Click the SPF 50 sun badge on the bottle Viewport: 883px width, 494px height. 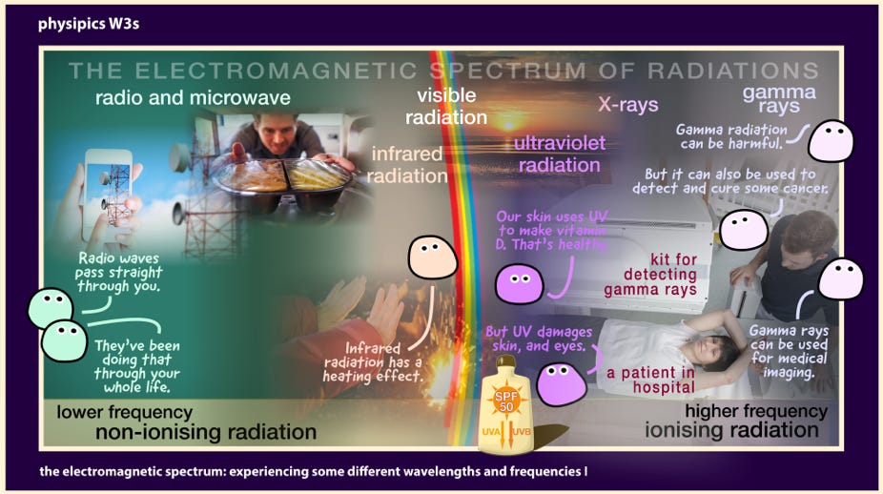pos(506,401)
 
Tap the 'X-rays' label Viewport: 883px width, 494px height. pos(627,104)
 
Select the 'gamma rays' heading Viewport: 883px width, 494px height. pos(779,98)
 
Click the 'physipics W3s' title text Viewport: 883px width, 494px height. pos(89,24)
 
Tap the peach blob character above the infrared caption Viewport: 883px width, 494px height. pos(432,257)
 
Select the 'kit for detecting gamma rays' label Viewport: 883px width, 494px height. pos(650,275)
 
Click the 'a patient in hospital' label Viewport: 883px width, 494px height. pos(650,380)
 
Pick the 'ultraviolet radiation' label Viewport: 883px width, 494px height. pos(559,154)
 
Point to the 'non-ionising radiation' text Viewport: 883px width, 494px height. pos(206,432)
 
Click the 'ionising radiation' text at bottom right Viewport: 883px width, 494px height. pos(731,430)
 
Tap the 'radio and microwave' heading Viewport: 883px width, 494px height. pos(193,98)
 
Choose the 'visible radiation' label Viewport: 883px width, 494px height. pos(446,106)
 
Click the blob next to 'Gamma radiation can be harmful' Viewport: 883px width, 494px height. pos(831,141)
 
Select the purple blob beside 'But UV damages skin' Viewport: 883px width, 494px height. pos(561,383)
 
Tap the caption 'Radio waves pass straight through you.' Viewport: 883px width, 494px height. pos(119,273)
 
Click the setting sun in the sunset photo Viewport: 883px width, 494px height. pos(508,123)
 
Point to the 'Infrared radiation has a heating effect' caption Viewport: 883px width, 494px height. pos(372,362)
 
